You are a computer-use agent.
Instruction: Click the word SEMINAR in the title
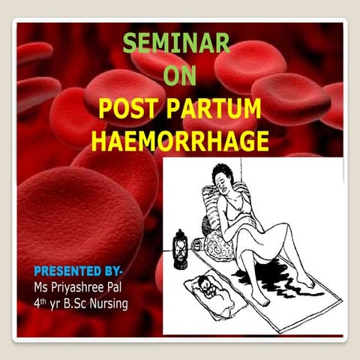pos(176,43)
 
